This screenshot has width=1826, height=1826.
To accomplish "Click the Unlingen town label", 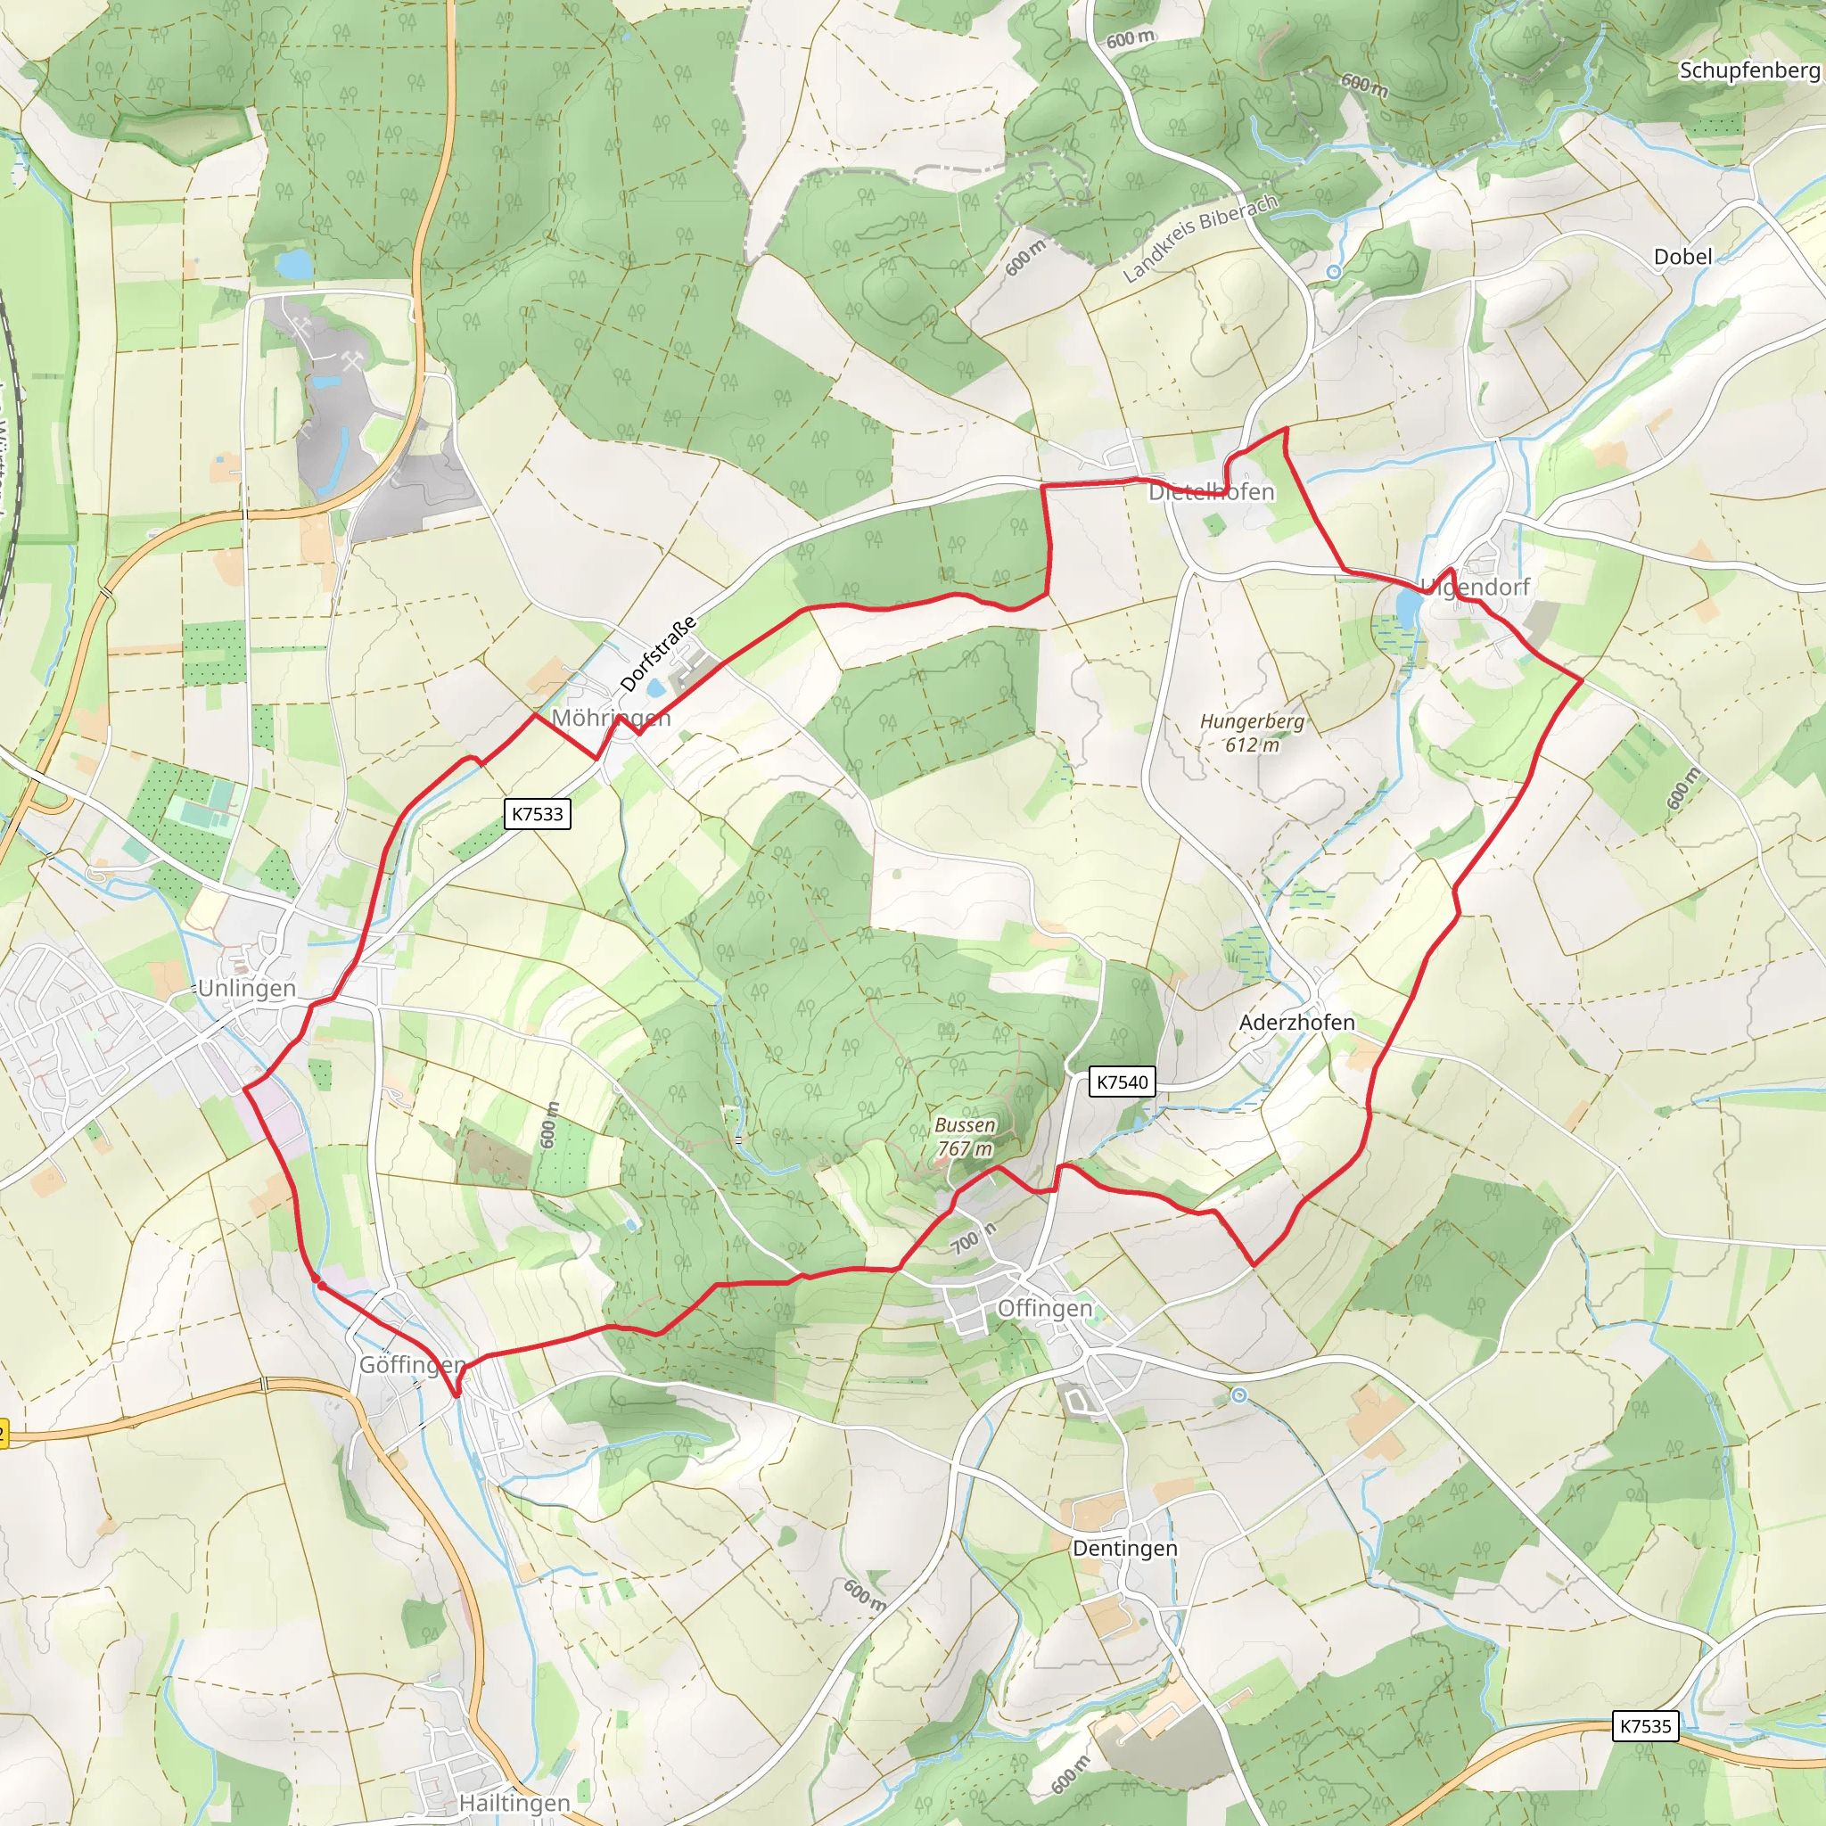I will pyautogui.click(x=247, y=989).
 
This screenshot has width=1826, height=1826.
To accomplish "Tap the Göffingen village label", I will pyautogui.click(x=412, y=1365).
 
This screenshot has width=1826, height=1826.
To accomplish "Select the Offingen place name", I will pyautogui.click(x=1044, y=1308).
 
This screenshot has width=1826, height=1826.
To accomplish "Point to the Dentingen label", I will pyautogui.click(x=1124, y=1548).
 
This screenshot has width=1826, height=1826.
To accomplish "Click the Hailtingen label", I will pyautogui.click(x=514, y=1804).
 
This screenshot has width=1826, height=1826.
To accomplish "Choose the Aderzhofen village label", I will pyautogui.click(x=1296, y=1022).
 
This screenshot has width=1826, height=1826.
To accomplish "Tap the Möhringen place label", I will pyautogui.click(x=611, y=719).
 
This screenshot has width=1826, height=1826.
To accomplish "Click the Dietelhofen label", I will pyautogui.click(x=1212, y=491).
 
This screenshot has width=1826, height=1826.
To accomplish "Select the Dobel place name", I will pyautogui.click(x=1682, y=256).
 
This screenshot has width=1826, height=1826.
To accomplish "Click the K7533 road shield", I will pyautogui.click(x=537, y=814).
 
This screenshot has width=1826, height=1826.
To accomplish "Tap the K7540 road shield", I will pyautogui.click(x=1122, y=1082).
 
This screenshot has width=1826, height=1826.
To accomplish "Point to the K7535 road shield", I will pyautogui.click(x=1646, y=1726).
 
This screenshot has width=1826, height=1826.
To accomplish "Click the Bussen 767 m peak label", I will pyautogui.click(x=964, y=1137).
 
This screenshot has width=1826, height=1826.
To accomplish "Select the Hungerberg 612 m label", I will pyautogui.click(x=1253, y=733).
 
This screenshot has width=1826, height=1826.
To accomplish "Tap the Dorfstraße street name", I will pyautogui.click(x=658, y=653).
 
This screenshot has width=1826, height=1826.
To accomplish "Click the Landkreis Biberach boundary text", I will pyautogui.click(x=1199, y=238).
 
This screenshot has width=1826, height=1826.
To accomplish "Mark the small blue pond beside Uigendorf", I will pyautogui.click(x=1407, y=607).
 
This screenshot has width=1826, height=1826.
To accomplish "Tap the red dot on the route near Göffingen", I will pyautogui.click(x=320, y=1285).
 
